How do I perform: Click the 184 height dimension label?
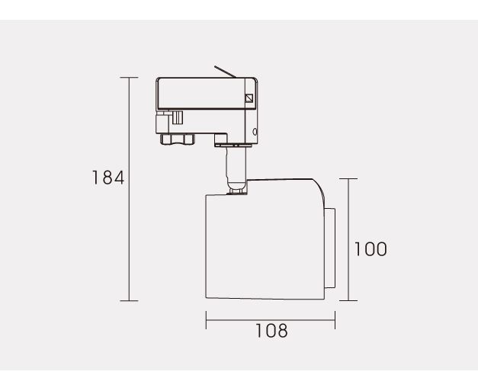coord(108,178)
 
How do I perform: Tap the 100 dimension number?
coord(371,249)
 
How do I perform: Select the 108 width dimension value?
coord(271,331)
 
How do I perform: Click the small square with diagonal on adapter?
coord(249,98)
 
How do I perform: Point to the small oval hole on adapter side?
coord(255,132)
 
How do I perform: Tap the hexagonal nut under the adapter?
coord(177,139)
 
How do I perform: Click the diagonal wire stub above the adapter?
coord(225,72)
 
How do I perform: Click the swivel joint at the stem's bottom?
coord(237,191)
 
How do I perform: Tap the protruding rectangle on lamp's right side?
coord(330,248)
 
